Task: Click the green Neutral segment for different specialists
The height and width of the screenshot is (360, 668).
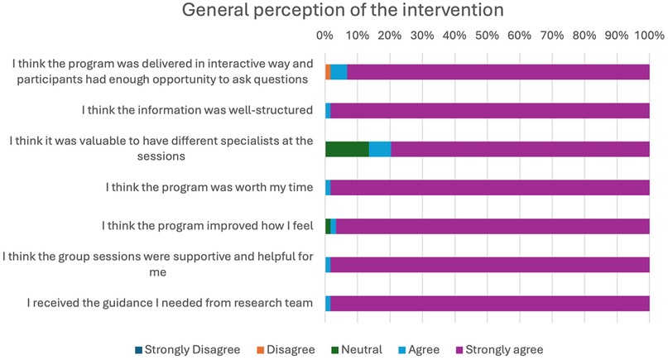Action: tap(347, 149)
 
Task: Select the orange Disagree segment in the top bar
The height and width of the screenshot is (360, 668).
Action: tap(328, 71)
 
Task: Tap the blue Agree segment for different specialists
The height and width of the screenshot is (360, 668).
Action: tap(380, 149)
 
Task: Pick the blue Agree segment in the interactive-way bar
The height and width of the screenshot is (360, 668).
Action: tap(339, 71)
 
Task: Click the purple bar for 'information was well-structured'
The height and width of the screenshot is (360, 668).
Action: tap(490, 110)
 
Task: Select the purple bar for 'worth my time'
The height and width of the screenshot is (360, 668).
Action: tap(490, 187)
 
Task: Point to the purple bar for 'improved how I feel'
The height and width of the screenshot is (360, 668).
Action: tap(493, 226)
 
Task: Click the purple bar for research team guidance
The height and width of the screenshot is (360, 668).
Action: tap(490, 303)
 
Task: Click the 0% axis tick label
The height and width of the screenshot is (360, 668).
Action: tap(325, 36)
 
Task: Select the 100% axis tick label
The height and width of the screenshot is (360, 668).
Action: tap(648, 36)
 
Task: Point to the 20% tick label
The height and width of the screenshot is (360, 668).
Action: tap(390, 36)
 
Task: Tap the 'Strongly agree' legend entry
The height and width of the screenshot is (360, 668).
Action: tap(505, 349)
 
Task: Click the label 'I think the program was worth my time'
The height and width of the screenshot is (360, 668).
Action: tap(209, 187)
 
